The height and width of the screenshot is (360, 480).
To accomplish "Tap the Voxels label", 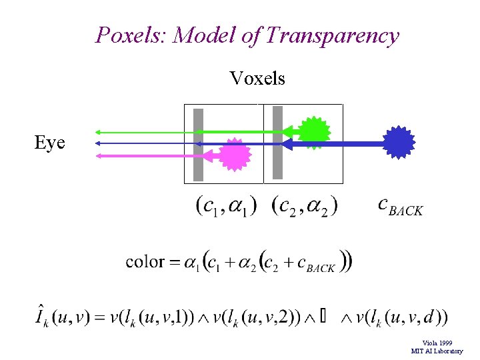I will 257,79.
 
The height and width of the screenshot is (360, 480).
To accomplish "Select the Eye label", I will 50,142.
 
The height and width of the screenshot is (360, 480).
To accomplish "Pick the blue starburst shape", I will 399,143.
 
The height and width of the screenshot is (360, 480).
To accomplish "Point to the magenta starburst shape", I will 234,155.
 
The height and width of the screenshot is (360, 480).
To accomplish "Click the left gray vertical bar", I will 198,145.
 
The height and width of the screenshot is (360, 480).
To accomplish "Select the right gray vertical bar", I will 278,143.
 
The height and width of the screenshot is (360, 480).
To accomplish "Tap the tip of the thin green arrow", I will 97,131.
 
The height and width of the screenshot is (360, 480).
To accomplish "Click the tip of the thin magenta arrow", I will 97,155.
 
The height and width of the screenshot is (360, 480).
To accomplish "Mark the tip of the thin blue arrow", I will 97,143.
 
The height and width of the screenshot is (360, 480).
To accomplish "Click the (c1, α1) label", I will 226,205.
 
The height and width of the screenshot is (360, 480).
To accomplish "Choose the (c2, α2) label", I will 305,205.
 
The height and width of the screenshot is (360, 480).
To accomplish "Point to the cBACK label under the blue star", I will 400,207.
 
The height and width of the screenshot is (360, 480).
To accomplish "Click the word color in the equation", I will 145,261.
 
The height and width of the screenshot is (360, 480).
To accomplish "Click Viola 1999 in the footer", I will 437,343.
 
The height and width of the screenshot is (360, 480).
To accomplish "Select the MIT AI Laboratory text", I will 437,351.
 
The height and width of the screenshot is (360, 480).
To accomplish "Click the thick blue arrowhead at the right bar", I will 287,143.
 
